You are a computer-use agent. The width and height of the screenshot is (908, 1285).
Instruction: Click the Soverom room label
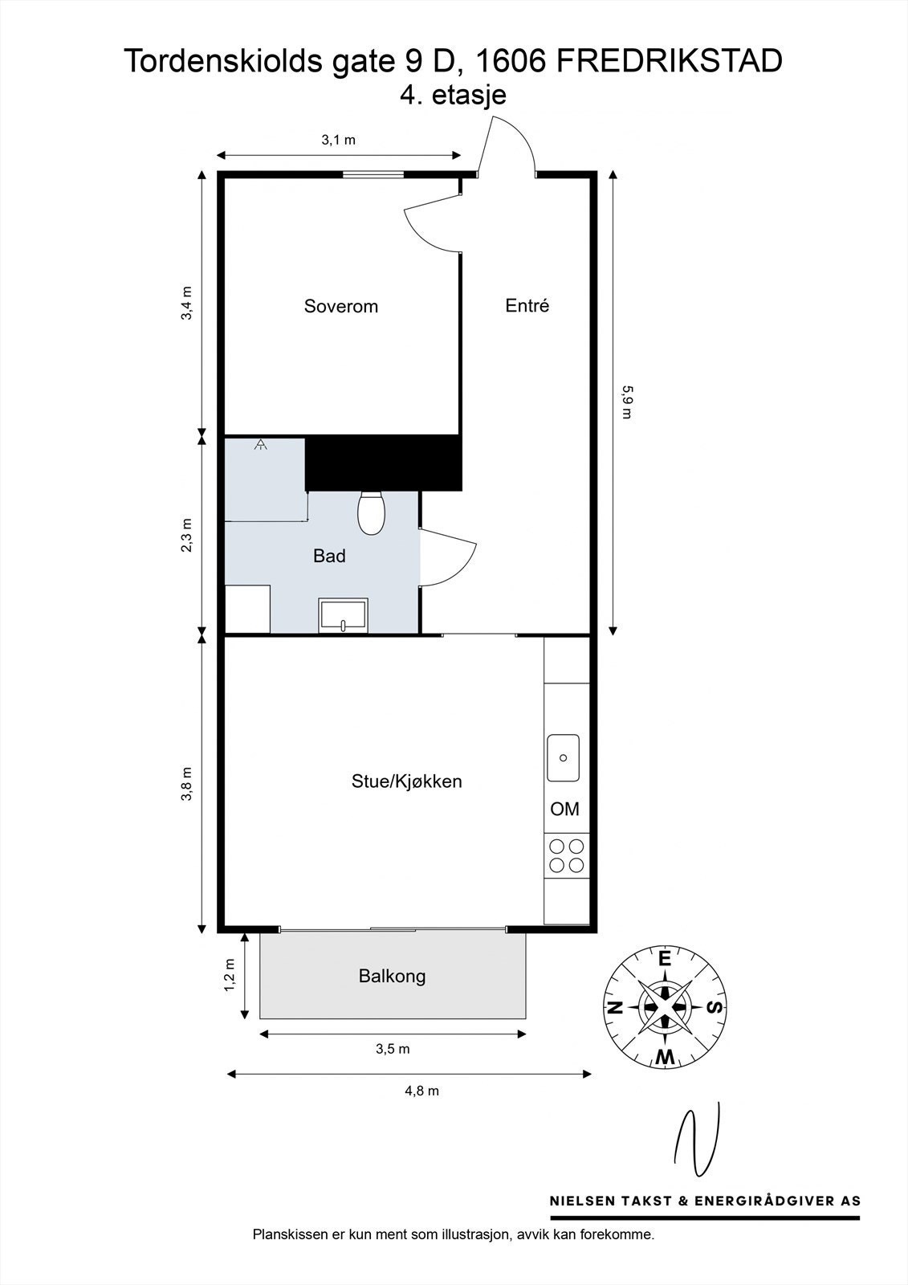pyautogui.click(x=340, y=306)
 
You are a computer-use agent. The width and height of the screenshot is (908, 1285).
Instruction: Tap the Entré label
pyautogui.click(x=527, y=305)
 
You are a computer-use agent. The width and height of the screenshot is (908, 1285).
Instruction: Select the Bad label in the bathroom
pyautogui.click(x=329, y=555)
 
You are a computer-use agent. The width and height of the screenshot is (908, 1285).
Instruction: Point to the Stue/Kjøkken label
pyautogui.click(x=407, y=781)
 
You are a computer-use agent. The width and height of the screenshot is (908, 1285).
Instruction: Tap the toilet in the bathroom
pyautogui.click(x=371, y=512)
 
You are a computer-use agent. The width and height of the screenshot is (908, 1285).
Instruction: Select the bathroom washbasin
pyautogui.click(x=344, y=615)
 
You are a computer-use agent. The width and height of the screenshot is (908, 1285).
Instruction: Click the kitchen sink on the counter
pyautogui.click(x=564, y=758)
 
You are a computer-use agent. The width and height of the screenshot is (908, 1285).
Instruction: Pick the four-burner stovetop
pyautogui.click(x=566, y=855)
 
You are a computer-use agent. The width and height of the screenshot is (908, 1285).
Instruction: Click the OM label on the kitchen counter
pyautogui.click(x=564, y=809)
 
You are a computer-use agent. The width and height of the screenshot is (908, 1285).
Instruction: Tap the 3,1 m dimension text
pyautogui.click(x=339, y=140)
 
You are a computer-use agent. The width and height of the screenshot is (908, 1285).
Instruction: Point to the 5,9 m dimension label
pyautogui.click(x=627, y=402)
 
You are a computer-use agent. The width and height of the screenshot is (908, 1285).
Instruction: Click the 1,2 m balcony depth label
pyautogui.click(x=230, y=975)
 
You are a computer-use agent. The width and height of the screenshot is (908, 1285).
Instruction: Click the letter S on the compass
pyautogui.click(x=715, y=1007)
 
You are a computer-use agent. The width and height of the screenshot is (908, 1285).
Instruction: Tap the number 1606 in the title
pyautogui.click(x=511, y=61)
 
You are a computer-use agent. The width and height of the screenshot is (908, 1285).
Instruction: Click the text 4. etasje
pyautogui.click(x=453, y=95)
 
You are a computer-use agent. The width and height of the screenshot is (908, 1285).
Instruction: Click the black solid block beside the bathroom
pyautogui.click(x=384, y=463)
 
